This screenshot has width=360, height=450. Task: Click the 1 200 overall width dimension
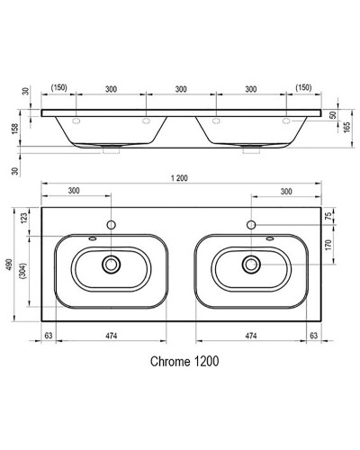coord(179,178)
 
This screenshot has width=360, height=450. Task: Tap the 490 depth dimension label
coord(10,265)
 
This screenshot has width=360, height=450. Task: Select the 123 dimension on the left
coord(24,218)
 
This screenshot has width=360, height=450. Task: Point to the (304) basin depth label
coord(23,271)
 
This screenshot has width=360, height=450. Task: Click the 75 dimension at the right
coord(328,216)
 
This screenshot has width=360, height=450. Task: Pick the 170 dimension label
coord(328,245)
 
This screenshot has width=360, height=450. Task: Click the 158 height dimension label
coord(15,129)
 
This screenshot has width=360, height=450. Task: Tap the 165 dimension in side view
coord(346,127)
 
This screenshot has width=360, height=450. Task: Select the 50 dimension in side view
coord(333,115)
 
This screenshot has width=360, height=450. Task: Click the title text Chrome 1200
coord(184,362)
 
